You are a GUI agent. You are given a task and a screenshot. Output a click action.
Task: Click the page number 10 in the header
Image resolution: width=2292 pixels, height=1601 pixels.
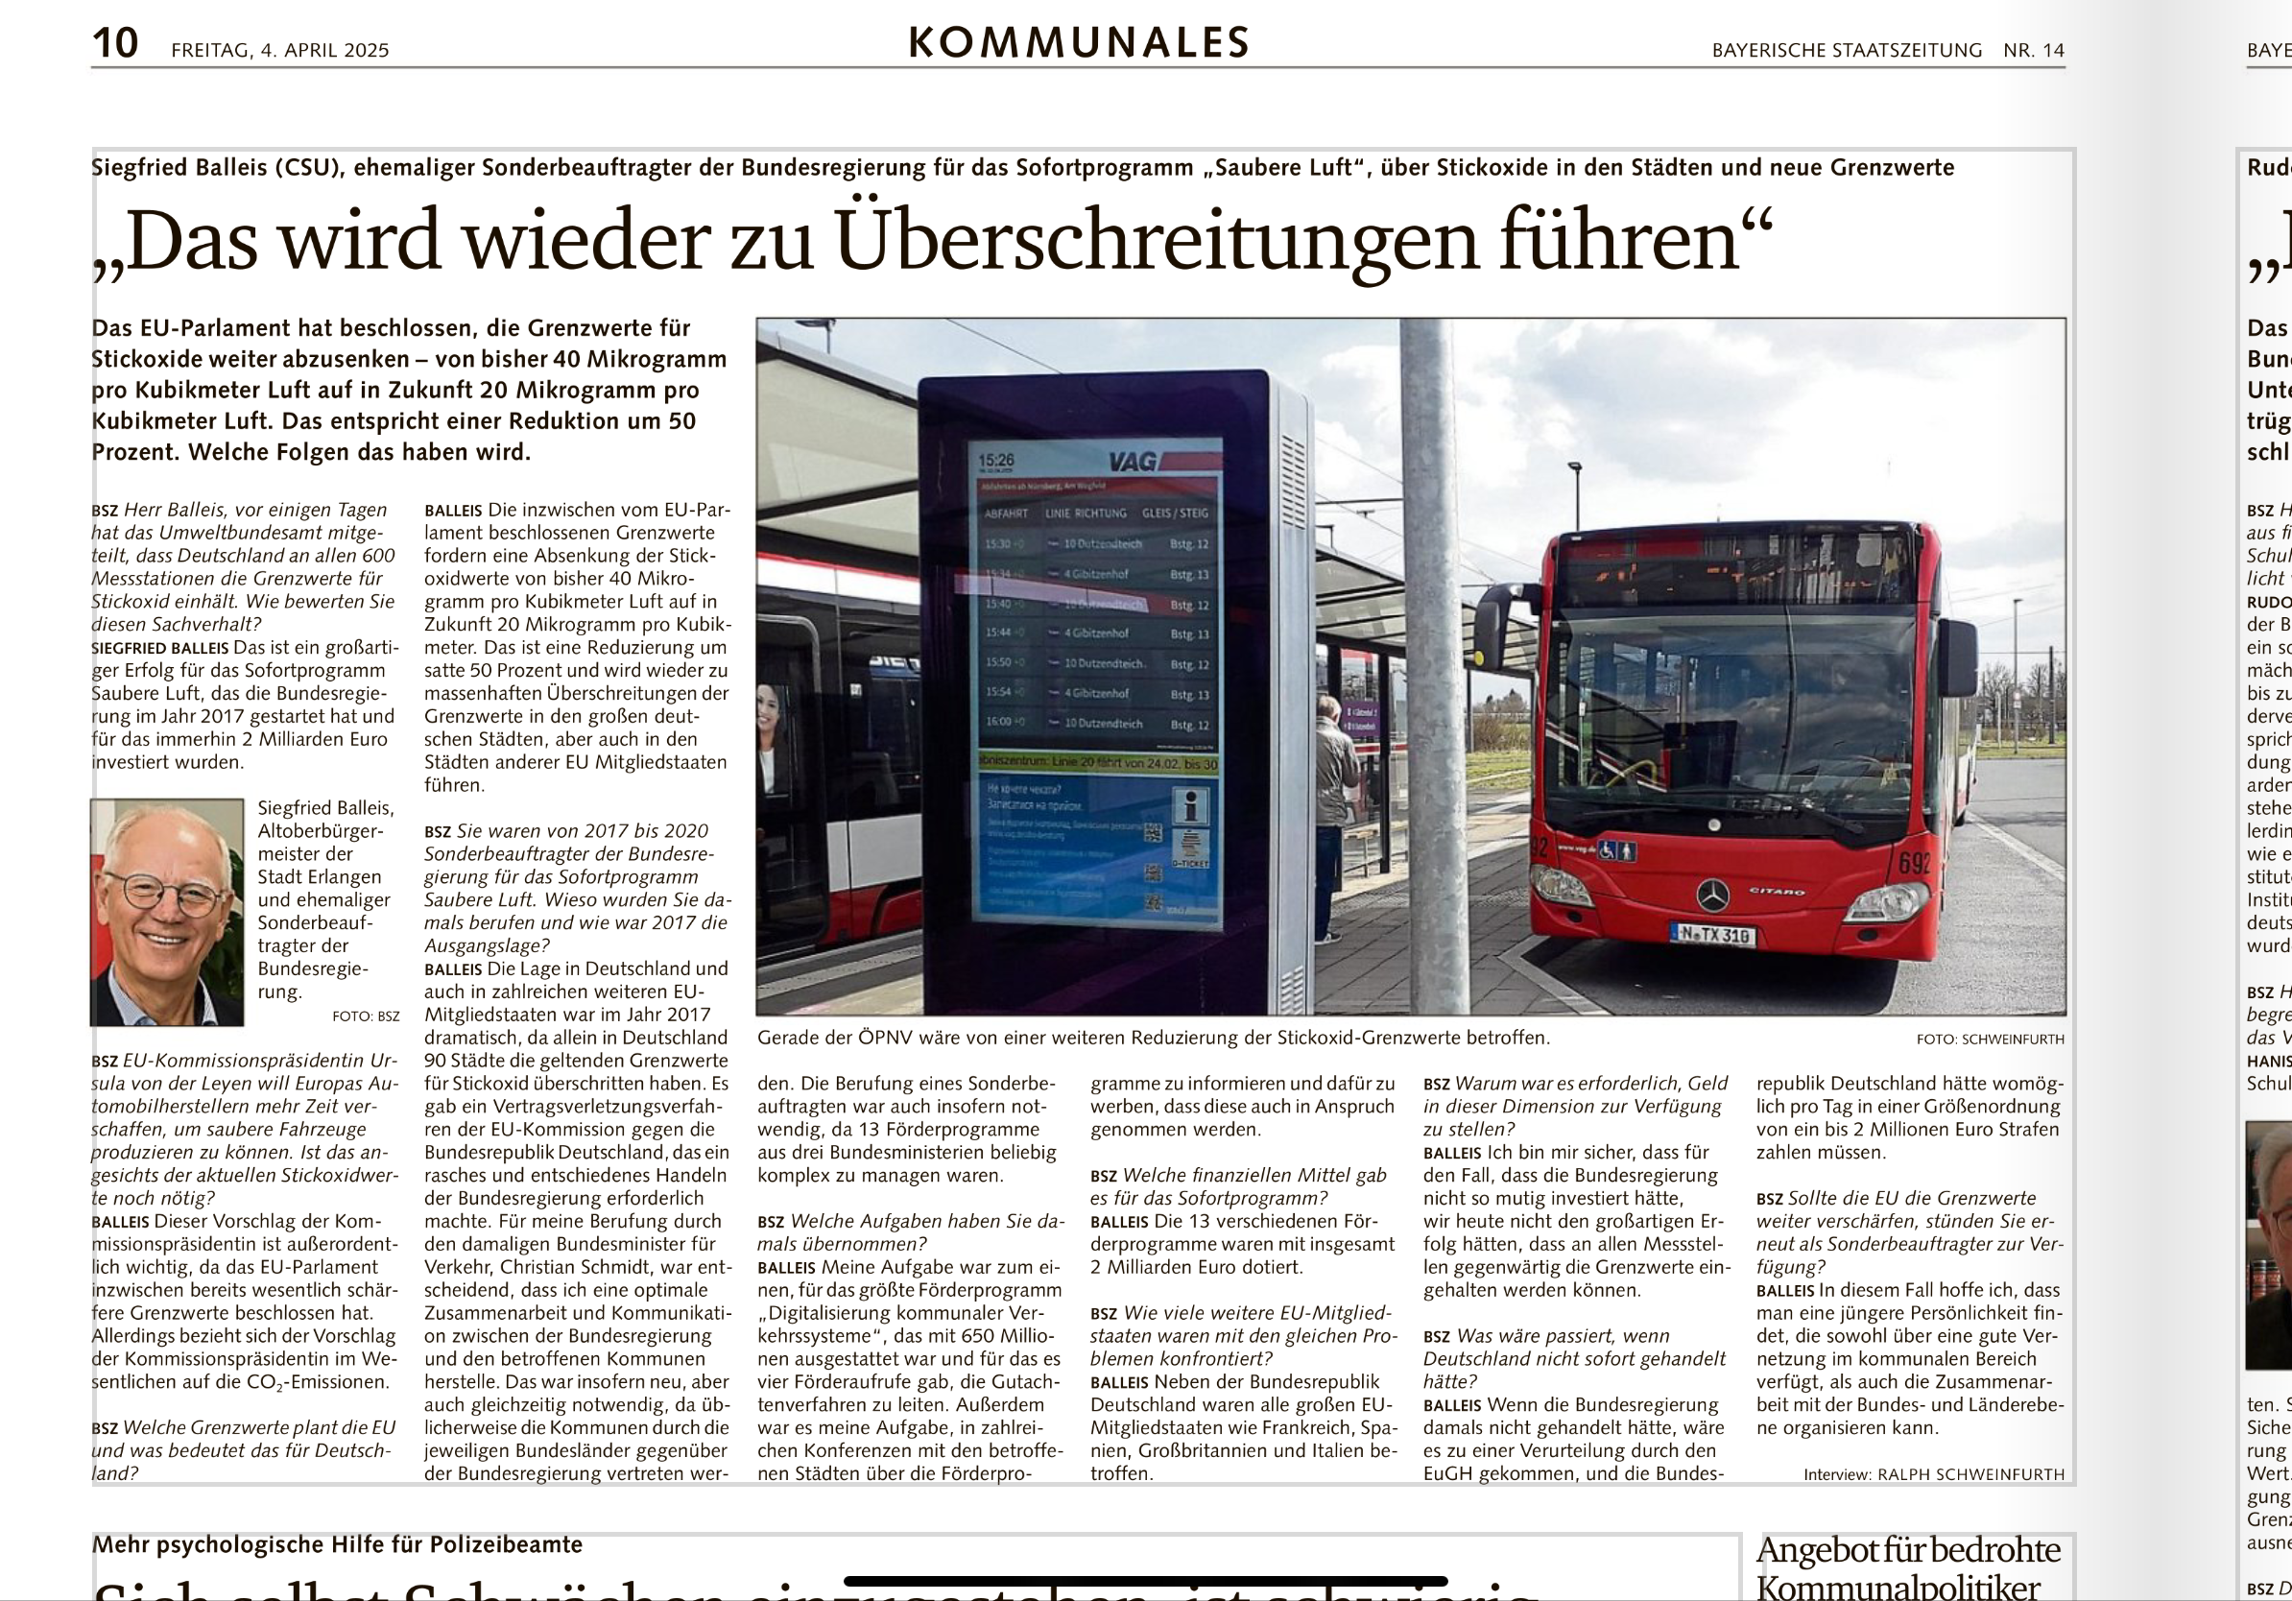115,43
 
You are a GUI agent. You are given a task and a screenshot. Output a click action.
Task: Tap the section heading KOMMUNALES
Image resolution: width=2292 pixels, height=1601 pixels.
1078,43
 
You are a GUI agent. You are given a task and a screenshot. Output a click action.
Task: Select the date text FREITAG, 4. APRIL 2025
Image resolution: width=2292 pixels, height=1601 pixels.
279,50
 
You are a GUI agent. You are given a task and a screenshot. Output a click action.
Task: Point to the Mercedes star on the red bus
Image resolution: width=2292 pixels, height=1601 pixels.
1713,896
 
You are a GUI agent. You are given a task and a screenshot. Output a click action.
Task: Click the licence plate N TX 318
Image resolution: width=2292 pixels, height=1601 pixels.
1713,935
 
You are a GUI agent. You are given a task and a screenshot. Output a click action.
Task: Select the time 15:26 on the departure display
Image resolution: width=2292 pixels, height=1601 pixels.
995,460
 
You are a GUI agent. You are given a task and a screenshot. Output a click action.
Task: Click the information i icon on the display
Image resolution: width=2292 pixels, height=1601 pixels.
1190,804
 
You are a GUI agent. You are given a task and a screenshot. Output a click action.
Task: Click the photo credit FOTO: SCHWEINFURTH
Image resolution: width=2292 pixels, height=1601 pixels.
1990,1039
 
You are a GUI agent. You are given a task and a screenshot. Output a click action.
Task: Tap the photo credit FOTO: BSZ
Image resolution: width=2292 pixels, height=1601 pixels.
366,1016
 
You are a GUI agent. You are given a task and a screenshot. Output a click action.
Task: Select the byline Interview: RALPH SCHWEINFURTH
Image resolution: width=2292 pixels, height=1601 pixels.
1934,1474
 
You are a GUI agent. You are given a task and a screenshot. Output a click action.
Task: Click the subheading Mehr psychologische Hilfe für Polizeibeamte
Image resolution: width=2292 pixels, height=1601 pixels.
337,1544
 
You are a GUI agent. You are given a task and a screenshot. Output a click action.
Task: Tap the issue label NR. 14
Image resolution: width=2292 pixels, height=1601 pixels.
2034,50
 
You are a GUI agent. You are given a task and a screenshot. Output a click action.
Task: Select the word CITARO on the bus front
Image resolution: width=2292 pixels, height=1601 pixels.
1776,891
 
